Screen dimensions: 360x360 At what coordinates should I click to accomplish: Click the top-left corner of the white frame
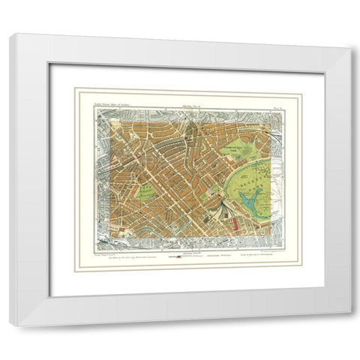click(12, 35)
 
